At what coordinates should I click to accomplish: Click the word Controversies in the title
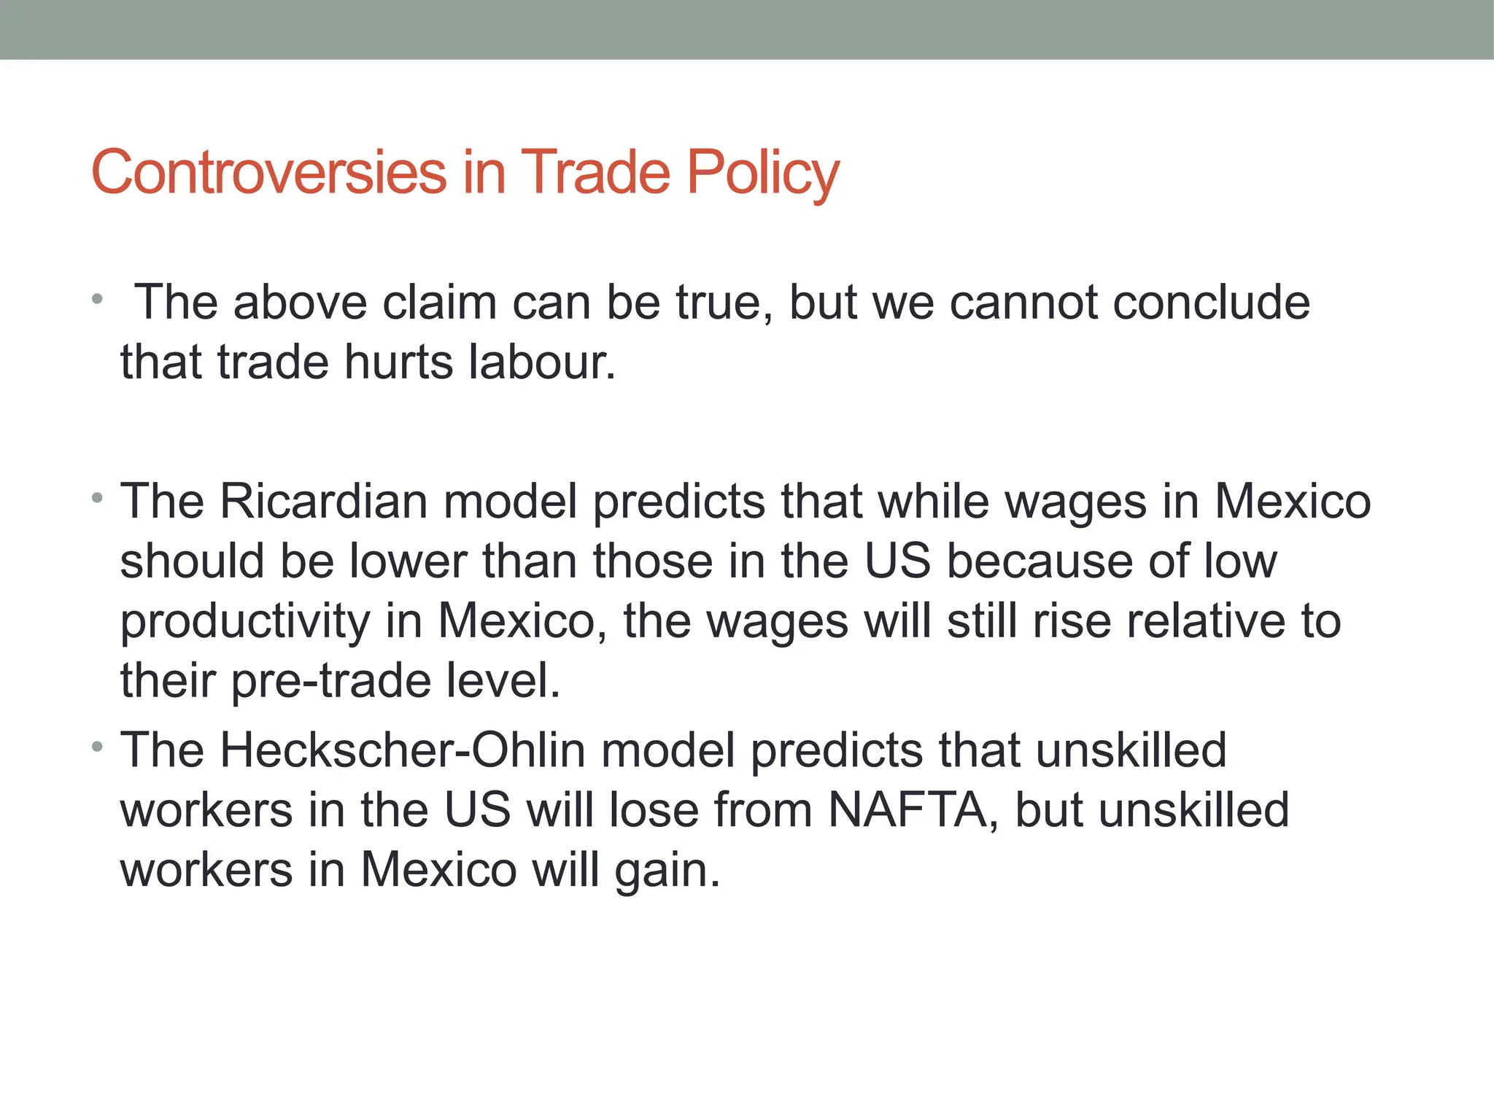click(268, 172)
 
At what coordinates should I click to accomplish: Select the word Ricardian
click(324, 502)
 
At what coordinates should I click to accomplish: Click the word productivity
click(245, 621)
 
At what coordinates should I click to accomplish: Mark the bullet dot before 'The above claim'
click(97, 300)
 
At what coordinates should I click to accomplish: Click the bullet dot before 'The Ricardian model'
click(97, 499)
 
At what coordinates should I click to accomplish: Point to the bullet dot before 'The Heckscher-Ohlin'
click(97, 747)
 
